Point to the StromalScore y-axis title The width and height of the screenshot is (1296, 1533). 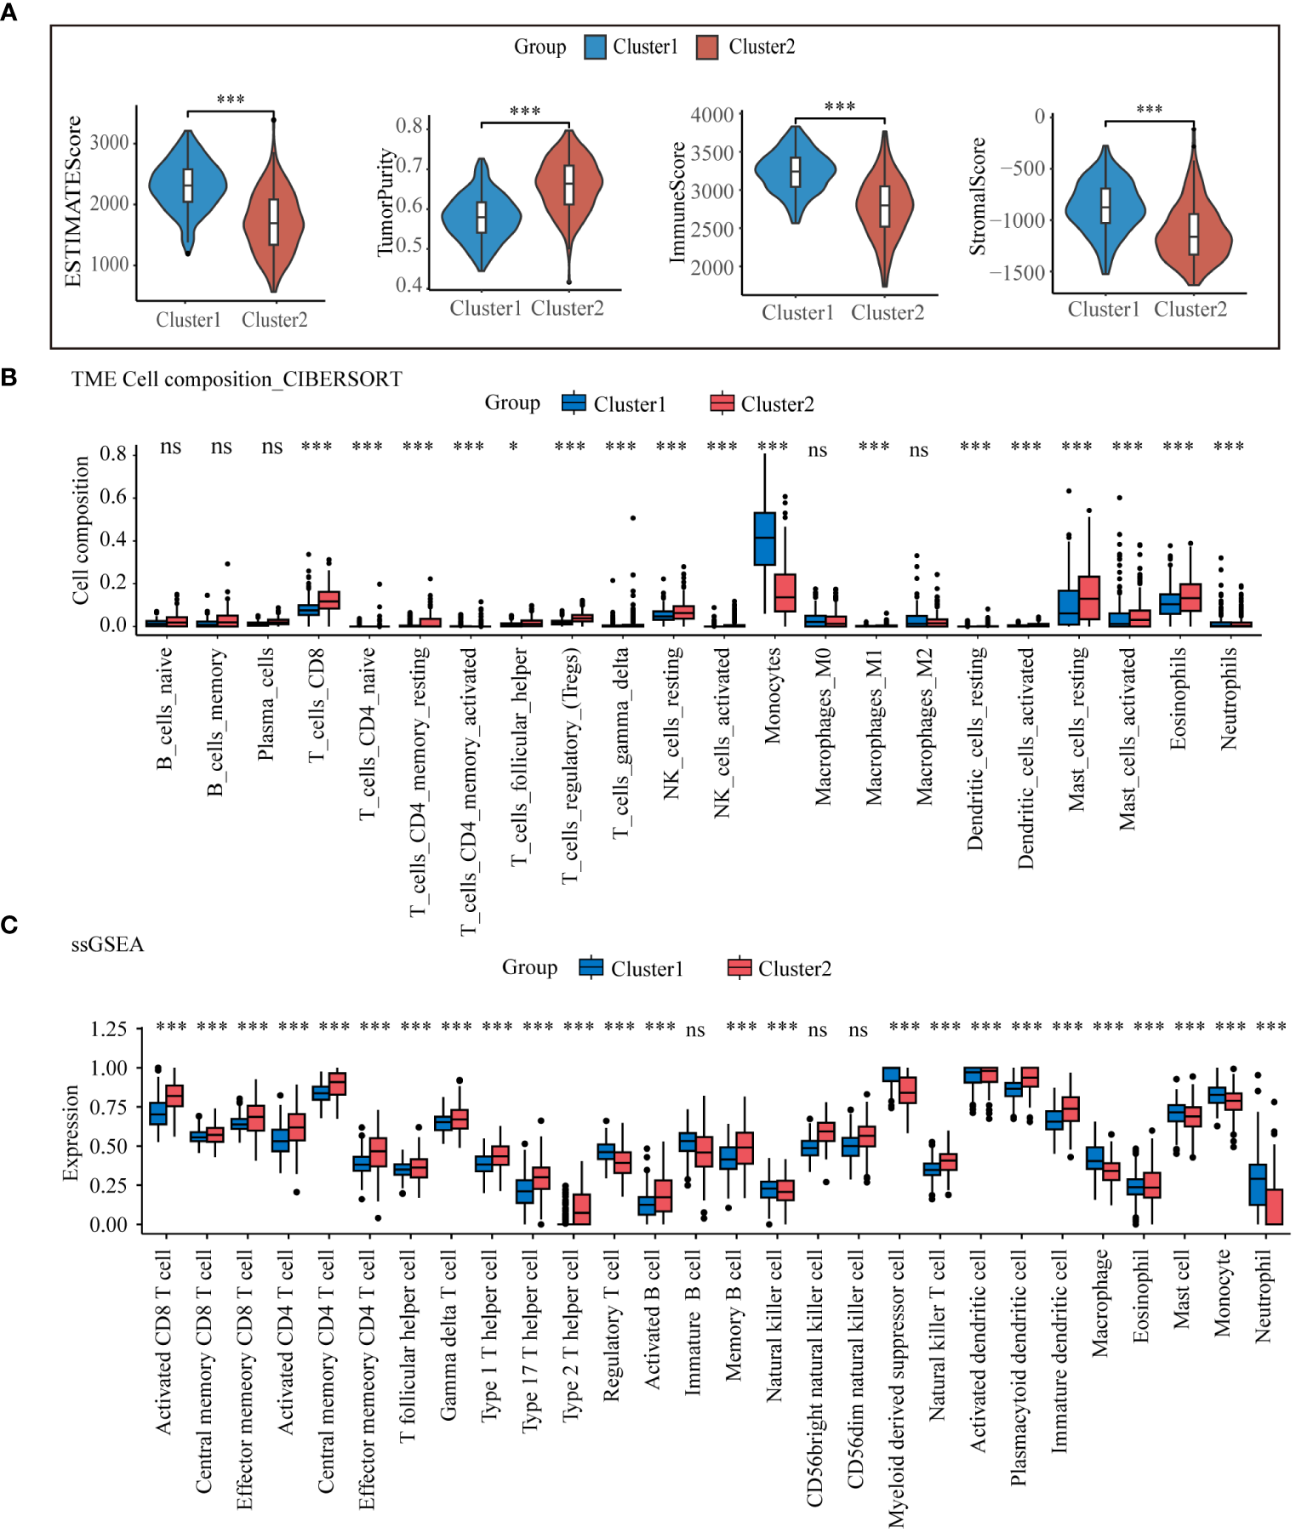(x=978, y=197)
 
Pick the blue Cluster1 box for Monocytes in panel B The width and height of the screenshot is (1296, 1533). (x=764, y=538)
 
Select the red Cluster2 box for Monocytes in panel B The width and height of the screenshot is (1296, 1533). (x=785, y=592)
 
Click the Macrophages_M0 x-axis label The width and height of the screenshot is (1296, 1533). (x=823, y=727)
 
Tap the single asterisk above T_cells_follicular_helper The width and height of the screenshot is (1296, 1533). (x=513, y=447)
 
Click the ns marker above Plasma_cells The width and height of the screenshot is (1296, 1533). (x=271, y=447)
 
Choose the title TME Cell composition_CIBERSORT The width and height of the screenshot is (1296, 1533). (x=237, y=379)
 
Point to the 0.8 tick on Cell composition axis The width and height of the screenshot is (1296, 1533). (x=112, y=453)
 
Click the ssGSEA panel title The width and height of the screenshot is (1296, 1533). (x=107, y=944)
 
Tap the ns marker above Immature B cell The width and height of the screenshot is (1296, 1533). (x=695, y=1030)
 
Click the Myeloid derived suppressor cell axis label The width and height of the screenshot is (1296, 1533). (x=896, y=1387)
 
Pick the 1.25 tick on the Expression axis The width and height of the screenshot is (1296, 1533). (x=109, y=1029)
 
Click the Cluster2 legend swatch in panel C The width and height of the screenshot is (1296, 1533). (x=739, y=968)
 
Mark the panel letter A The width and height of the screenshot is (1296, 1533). (x=9, y=12)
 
